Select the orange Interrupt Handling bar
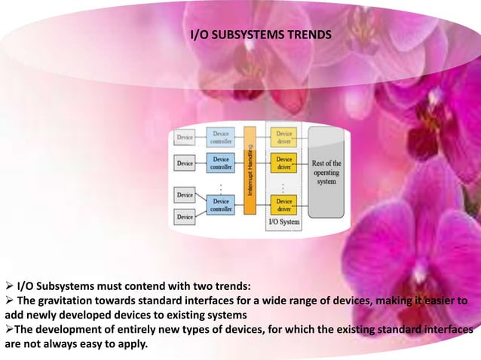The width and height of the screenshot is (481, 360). click(250, 173)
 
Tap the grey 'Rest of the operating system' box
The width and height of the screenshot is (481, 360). click(326, 173)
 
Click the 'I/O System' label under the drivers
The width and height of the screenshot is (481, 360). click(284, 222)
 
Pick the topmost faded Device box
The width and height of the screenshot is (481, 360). click(185, 138)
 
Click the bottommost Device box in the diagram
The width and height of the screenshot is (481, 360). click(185, 218)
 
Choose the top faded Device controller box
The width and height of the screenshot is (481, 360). click(222, 137)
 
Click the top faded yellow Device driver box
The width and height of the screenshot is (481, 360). click(284, 137)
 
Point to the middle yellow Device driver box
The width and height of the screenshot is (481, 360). click(284, 163)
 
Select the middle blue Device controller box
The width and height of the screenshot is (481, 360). click(222, 163)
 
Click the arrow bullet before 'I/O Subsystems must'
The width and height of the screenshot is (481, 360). click(8, 286)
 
